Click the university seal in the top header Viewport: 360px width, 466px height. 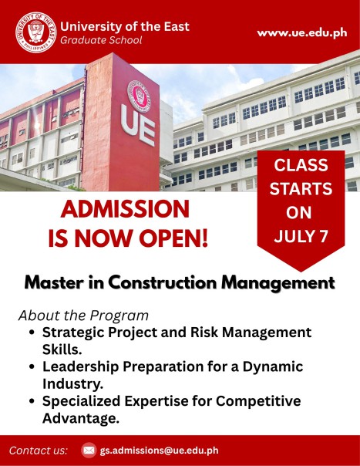click(x=35, y=32)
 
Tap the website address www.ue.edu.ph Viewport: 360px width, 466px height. click(x=302, y=32)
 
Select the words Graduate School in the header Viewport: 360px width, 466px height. click(x=101, y=40)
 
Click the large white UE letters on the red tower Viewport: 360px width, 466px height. click(x=137, y=125)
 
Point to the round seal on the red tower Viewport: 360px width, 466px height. click(x=139, y=96)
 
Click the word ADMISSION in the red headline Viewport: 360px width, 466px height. click(x=125, y=209)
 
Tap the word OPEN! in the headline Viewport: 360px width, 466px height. click(x=173, y=238)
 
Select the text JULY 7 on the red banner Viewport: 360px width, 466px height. click(x=301, y=236)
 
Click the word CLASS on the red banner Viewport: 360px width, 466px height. click(x=301, y=165)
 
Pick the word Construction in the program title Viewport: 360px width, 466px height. click(x=163, y=282)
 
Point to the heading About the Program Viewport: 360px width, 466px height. click(x=83, y=316)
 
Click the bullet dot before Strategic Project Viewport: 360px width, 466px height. click(x=32, y=333)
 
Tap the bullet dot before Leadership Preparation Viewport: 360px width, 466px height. click(x=32, y=366)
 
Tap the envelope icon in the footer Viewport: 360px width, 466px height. click(x=89, y=451)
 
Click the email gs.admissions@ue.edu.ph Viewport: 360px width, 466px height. click(x=160, y=451)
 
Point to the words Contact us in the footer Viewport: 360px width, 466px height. click(x=39, y=451)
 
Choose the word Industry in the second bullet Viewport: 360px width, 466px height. click(x=72, y=384)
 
